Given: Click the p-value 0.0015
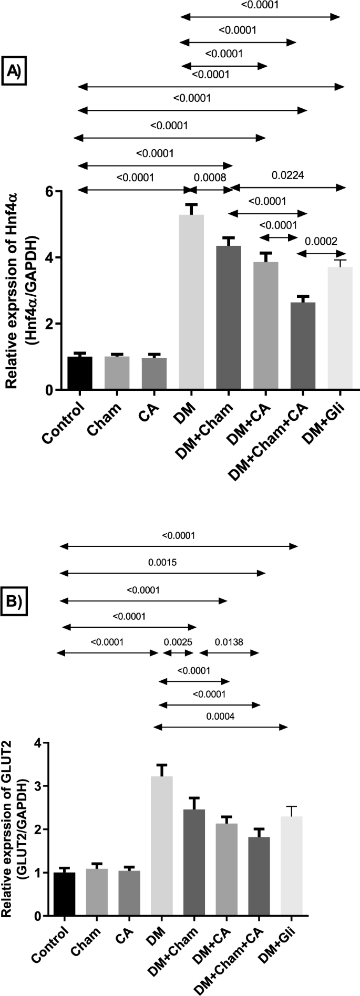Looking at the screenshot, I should pos(162,562).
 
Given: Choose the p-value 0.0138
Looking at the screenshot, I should pos(229,641).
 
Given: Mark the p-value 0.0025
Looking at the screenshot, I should pos(178,641).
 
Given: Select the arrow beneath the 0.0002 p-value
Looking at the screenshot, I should pos(322,254).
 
